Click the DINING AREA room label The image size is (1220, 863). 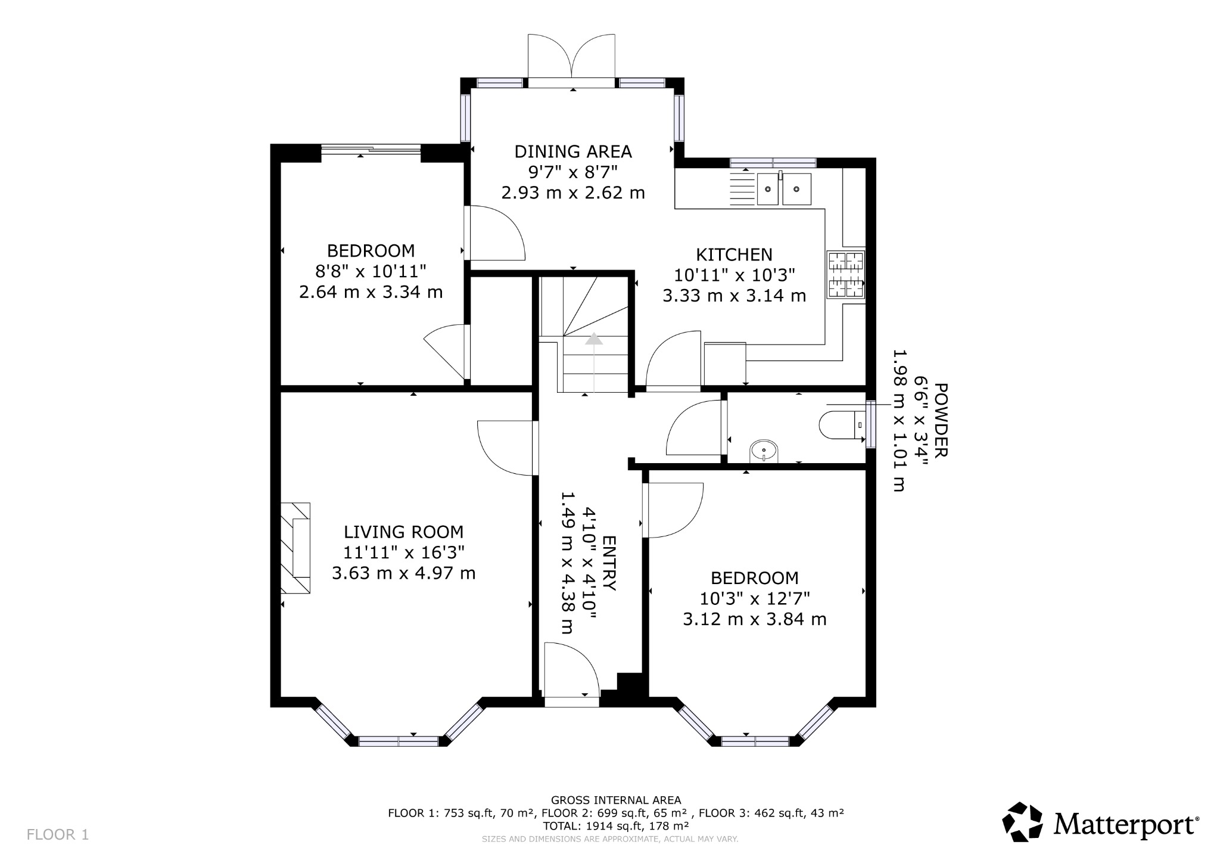pyautogui.click(x=573, y=151)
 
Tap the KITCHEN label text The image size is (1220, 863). pyautogui.click(x=734, y=254)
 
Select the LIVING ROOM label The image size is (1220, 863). pyautogui.click(x=403, y=532)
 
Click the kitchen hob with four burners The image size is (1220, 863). pyautogui.click(x=846, y=275)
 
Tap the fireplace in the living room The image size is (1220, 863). pyautogui.click(x=295, y=547)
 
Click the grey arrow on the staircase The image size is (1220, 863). pyautogui.click(x=594, y=340)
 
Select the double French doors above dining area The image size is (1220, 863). pyautogui.click(x=572, y=60)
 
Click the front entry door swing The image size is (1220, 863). pyautogui.click(x=571, y=669)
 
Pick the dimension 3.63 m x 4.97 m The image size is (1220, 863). pyautogui.click(x=403, y=573)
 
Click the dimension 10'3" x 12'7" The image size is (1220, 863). pyautogui.click(x=754, y=598)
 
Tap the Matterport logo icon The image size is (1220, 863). pyautogui.click(x=1022, y=822)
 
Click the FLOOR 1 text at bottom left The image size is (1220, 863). pyautogui.click(x=58, y=834)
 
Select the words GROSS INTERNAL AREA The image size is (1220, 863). pyautogui.click(x=615, y=800)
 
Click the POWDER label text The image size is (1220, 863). pyautogui.click(x=941, y=420)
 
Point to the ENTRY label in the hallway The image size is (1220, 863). pyautogui.click(x=609, y=563)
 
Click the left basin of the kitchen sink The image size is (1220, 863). pyautogui.click(x=768, y=189)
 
